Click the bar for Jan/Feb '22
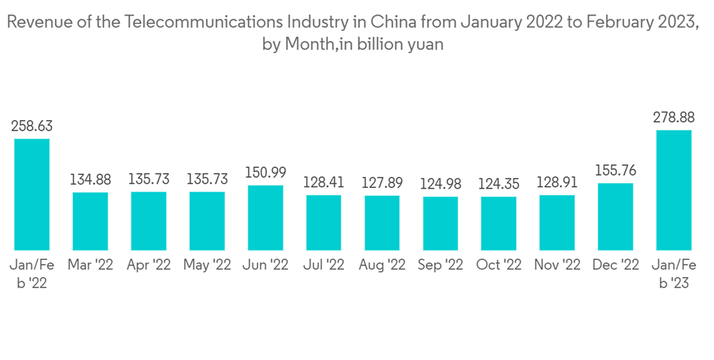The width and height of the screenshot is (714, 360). click(x=32, y=194)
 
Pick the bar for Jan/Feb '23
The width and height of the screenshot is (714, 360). click(x=674, y=189)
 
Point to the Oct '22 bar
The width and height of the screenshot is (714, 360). click(x=498, y=222)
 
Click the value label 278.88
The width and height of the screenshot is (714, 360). click(x=674, y=117)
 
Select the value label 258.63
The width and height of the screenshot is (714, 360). click(x=32, y=126)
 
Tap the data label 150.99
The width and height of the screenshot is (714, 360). click(x=266, y=173)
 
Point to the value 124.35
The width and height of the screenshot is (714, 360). click(x=498, y=184)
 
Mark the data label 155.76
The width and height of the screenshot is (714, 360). click(x=615, y=171)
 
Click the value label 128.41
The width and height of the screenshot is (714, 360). click(x=323, y=182)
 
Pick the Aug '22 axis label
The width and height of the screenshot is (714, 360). click(x=382, y=265)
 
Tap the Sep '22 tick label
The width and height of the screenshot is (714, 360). click(x=441, y=265)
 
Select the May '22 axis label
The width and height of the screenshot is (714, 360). click(x=207, y=265)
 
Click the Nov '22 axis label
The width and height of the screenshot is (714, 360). click(x=557, y=265)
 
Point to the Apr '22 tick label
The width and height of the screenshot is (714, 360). click(x=149, y=265)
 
